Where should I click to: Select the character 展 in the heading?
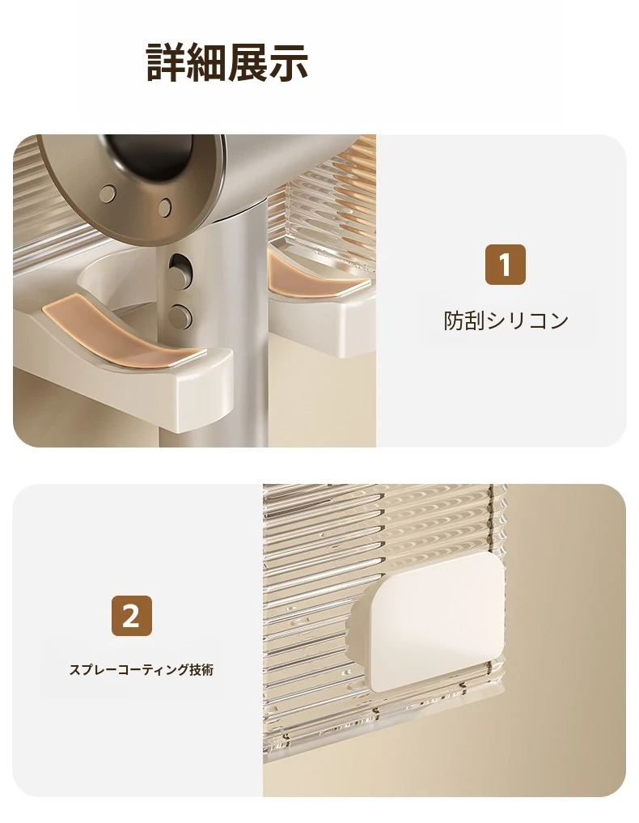(248, 62)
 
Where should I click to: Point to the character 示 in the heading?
(289, 62)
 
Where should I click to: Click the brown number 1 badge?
(505, 265)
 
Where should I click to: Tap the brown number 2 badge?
(131, 616)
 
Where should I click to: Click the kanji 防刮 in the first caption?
(464, 320)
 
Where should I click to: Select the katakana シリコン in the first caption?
(527, 320)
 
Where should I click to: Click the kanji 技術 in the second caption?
(201, 670)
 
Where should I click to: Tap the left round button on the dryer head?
(108, 193)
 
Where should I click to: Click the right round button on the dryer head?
(165, 207)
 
